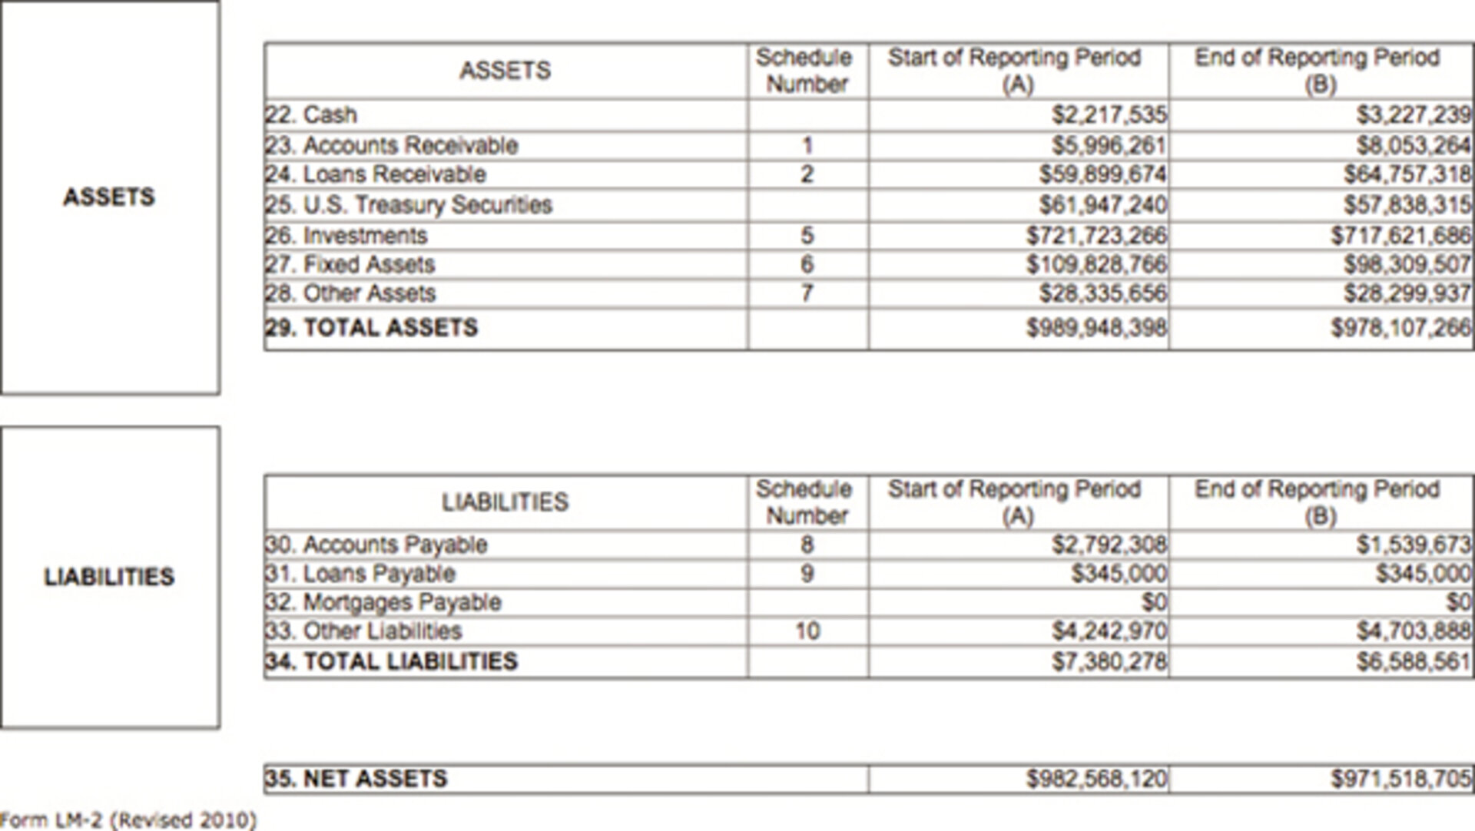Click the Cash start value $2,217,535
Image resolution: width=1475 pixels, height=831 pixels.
pos(1109,115)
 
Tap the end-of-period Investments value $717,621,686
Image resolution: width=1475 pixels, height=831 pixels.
pos(1400,235)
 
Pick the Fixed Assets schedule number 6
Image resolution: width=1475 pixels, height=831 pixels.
pos(807,264)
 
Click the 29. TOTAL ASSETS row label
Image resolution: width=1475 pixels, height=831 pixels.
pos(371,328)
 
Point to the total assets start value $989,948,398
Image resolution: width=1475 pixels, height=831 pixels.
pos(1096,328)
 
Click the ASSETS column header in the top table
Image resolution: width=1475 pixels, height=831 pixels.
pos(505,71)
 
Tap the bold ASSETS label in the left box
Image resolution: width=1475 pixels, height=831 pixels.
pos(109,197)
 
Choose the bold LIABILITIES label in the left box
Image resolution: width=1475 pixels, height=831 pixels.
pos(109,577)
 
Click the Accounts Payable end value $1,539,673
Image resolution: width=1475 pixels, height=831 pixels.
pos(1413,545)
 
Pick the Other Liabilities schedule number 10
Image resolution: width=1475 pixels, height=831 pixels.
pos(807,631)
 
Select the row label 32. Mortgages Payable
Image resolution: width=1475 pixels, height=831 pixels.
pos(383,602)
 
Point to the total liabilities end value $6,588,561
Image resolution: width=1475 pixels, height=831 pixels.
pos(1413,661)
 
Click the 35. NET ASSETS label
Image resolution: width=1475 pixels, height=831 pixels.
pos(356,779)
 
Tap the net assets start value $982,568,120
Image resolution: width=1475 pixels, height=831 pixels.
pos(1096,779)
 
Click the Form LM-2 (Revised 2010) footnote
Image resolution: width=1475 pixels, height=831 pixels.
pos(128,820)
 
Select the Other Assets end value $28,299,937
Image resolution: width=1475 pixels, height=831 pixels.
pos(1407,293)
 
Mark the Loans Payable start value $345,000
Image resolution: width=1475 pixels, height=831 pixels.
pos(1119,574)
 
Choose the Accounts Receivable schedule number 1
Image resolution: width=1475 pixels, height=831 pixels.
pos(807,145)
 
